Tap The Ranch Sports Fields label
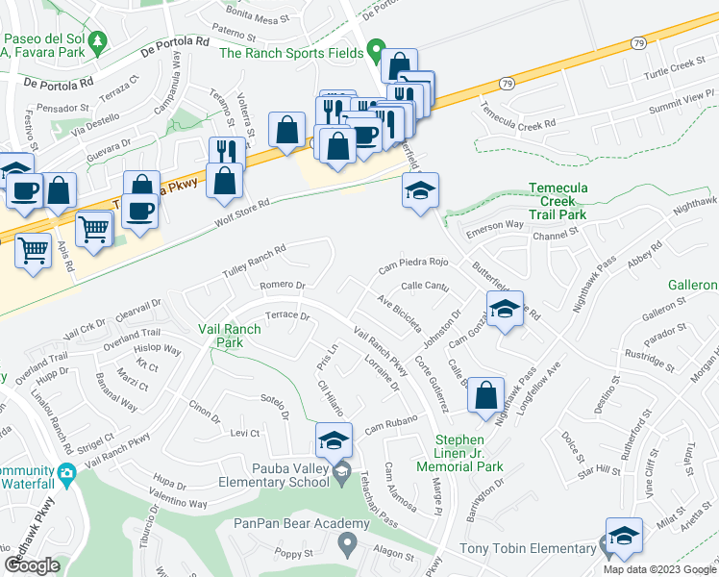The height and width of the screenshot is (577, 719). [291, 53]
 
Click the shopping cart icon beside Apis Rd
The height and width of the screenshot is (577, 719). [34, 252]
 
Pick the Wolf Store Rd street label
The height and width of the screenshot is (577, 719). [240, 213]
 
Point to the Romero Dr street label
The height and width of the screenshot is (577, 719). [282, 286]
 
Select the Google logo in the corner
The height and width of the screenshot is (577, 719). [31, 564]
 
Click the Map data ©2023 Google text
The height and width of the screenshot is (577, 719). [658, 569]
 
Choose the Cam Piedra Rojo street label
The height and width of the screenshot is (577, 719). [413, 263]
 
